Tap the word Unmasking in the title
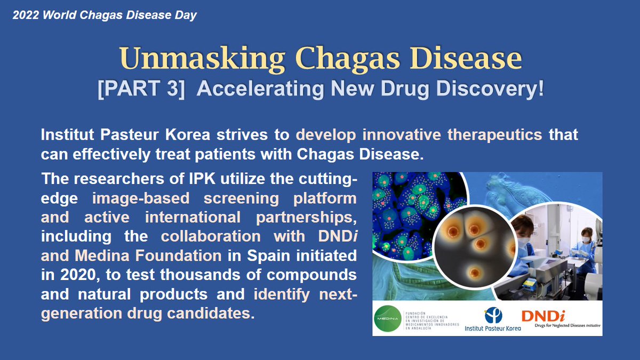(196, 59)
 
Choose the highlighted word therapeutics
(494, 135)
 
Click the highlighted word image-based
(141, 198)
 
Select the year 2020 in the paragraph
(71, 275)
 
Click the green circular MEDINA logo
(393, 318)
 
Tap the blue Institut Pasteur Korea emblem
(493, 315)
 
